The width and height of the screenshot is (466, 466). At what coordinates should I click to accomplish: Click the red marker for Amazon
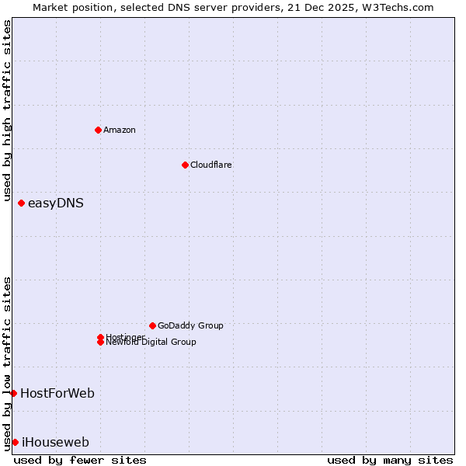pos(98,130)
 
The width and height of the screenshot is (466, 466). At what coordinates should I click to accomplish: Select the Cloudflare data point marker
pos(185,165)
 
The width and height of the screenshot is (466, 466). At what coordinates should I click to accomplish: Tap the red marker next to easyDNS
pos(21,203)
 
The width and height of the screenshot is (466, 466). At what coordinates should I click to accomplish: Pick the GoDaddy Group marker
pos(152,325)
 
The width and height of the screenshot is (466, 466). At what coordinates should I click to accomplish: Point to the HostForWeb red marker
pos(13,393)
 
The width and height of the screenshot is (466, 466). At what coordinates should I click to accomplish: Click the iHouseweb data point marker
pos(15,442)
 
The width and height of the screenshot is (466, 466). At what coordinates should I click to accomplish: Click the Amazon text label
pos(119,130)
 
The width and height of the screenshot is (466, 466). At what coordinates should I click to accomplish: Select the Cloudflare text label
pos(210,165)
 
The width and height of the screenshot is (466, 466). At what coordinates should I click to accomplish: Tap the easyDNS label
pos(55,203)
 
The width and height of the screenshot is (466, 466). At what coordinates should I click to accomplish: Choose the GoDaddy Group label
pos(190,325)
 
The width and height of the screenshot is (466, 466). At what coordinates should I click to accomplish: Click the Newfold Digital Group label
pos(151,343)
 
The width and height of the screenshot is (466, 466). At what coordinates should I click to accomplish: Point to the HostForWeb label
pos(57,393)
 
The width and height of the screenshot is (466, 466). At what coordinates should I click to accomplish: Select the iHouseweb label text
pos(55,442)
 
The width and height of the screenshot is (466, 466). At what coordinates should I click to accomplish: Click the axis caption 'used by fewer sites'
pos(80,460)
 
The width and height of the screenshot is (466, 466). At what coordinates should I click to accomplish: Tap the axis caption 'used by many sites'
pos(390,460)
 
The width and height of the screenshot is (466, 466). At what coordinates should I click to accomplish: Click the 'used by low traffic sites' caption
pos(7,363)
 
